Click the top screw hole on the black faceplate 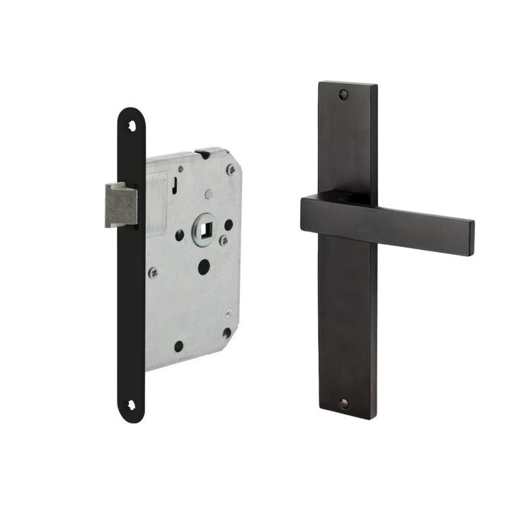132,125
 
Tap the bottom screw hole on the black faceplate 131,405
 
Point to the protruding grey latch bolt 120,205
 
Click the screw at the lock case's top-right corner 231,170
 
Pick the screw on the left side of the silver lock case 152,272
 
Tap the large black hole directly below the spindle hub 204,267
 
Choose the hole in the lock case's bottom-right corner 227,333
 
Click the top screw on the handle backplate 344,93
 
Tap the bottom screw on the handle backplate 344,404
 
